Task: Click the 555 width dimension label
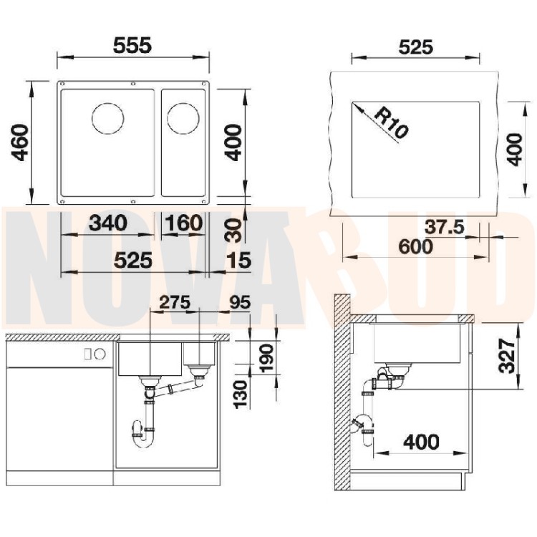(132, 45)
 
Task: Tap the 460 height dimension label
(20, 142)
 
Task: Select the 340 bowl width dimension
(108, 223)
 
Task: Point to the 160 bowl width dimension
(183, 223)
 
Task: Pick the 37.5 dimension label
(445, 227)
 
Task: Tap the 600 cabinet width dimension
(416, 246)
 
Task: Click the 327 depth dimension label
(507, 355)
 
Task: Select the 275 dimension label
(175, 302)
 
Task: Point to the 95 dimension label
(240, 302)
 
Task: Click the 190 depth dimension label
(266, 358)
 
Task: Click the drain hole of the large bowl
(108, 118)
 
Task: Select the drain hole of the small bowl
(183, 118)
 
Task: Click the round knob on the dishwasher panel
(100, 354)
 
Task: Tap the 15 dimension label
(239, 260)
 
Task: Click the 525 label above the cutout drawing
(416, 47)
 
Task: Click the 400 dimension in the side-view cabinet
(421, 442)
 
